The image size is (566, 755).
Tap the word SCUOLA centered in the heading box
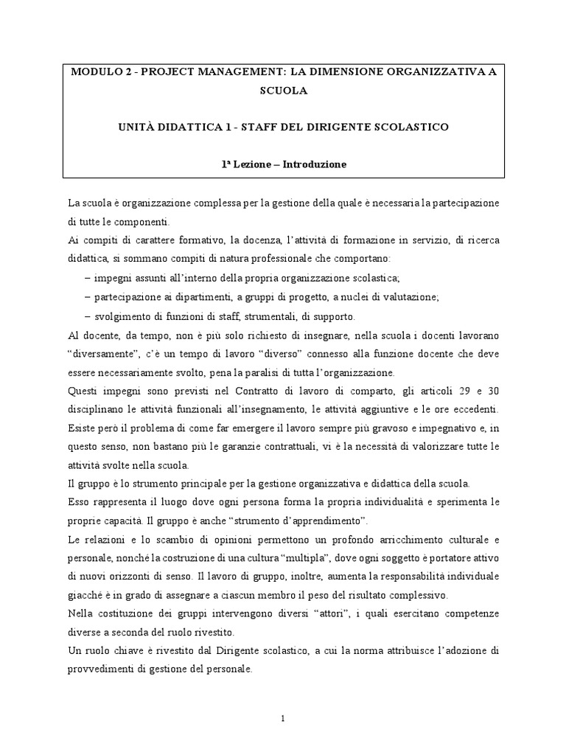[x=283, y=90]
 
